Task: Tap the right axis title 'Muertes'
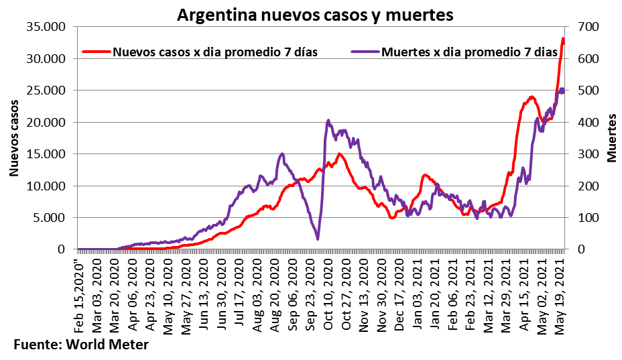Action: click(x=611, y=138)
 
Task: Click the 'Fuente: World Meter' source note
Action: click(x=80, y=345)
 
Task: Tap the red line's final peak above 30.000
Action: click(x=563, y=39)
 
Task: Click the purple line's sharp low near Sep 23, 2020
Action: click(x=318, y=239)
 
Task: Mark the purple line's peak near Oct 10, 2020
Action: click(x=328, y=121)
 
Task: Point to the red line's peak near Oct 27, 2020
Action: click(x=339, y=154)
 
